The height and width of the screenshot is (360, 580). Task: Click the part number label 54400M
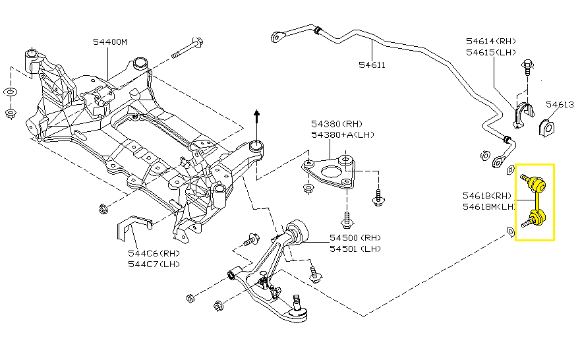tap(109, 42)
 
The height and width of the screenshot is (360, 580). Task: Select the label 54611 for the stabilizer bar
tap(372, 65)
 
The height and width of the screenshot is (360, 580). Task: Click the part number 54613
tap(560, 104)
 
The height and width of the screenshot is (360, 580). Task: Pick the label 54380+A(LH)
tap(342, 135)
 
